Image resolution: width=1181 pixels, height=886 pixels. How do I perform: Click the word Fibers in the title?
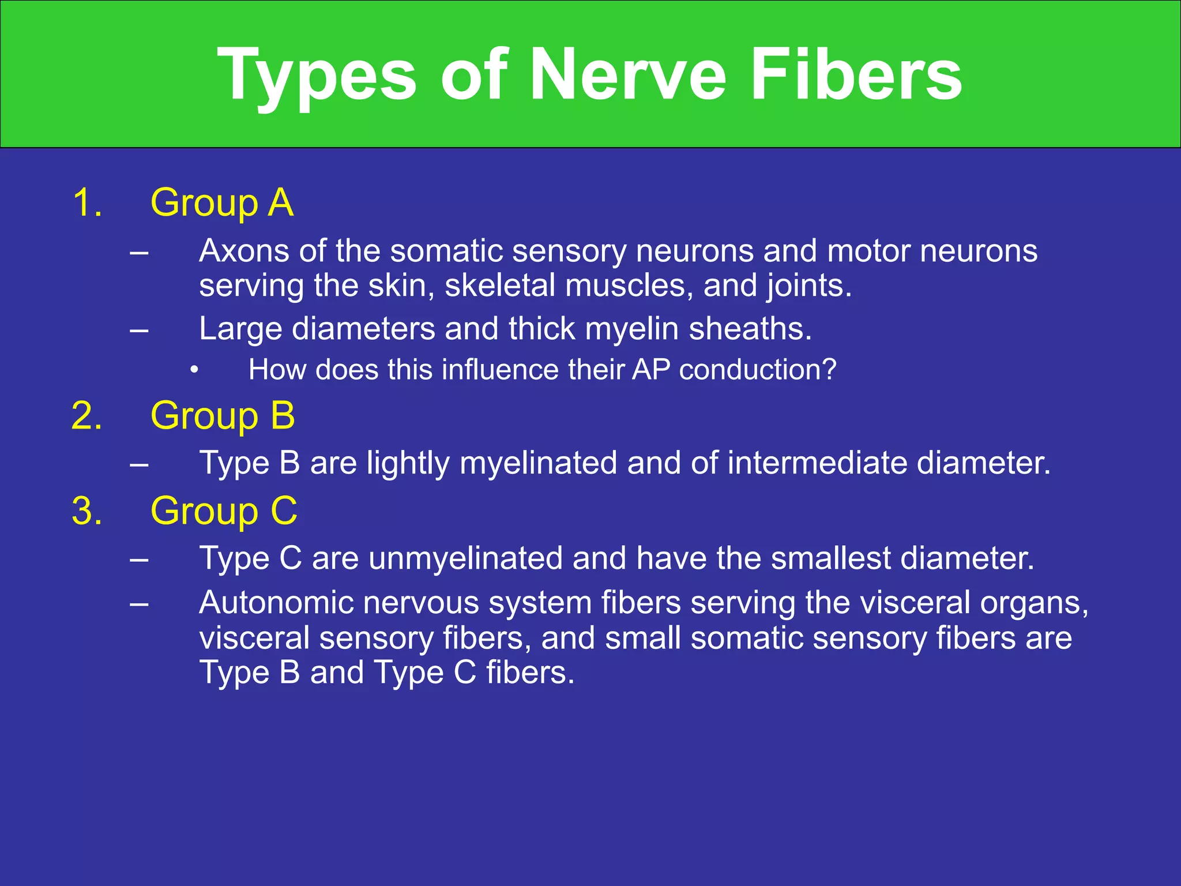click(856, 75)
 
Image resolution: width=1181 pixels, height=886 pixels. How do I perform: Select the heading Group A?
click(222, 203)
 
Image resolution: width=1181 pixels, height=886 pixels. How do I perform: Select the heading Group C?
click(224, 511)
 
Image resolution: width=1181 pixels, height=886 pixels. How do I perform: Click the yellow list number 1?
click(86, 203)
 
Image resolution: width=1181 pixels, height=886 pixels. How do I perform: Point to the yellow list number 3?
click(86, 511)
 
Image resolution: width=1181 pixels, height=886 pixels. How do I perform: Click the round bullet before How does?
click(194, 370)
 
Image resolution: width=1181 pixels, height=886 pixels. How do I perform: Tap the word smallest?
click(830, 558)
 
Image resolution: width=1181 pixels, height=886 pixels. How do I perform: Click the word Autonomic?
click(277, 603)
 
